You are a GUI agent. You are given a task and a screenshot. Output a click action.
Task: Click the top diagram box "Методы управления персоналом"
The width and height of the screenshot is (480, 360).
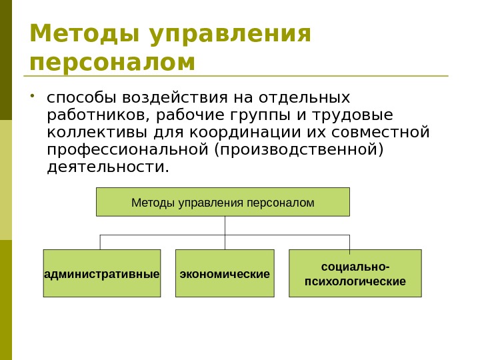[223, 202]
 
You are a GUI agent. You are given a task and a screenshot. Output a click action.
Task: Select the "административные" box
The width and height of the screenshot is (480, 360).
[102, 273]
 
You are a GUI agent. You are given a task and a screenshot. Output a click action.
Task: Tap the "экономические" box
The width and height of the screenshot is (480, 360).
[225, 273]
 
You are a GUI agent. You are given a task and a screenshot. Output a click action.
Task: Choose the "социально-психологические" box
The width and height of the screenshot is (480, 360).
[355, 273]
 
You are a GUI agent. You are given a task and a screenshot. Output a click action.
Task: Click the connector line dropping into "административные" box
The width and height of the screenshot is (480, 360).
[100, 242]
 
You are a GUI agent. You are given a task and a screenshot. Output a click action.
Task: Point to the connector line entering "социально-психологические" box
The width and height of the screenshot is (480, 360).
[349, 242]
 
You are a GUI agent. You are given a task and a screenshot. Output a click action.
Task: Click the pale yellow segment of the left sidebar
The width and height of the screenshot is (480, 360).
[6, 180]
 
